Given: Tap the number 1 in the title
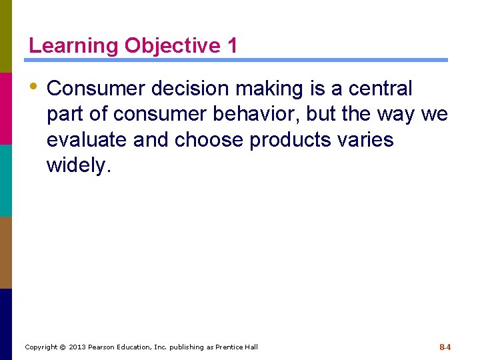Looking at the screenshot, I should click(231, 46).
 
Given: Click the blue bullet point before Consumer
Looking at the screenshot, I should click(33, 87).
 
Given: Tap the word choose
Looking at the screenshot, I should click(209, 140).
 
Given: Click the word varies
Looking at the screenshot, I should click(368, 140).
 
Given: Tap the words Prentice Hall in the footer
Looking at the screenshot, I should click(236, 347).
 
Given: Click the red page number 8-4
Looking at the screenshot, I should click(445, 347).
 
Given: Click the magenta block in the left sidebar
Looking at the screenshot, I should click(6, 108).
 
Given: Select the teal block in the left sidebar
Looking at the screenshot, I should click(6, 180).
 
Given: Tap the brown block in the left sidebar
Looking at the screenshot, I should click(6, 252).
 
